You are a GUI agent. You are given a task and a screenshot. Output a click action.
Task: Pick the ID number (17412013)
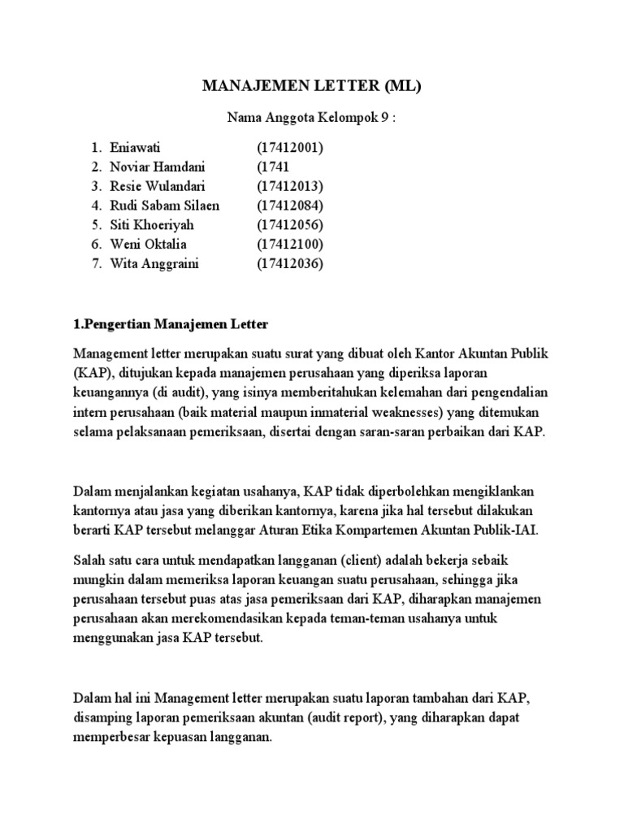pos(290,187)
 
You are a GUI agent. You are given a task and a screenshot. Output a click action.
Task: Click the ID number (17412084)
pos(290,206)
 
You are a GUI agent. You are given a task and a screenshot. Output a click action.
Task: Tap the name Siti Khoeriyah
pos(154,225)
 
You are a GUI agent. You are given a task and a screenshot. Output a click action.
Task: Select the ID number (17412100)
pos(290,245)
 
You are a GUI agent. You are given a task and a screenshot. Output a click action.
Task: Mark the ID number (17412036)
pos(290,264)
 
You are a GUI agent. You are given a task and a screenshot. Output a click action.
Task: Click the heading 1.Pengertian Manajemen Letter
pos(171,324)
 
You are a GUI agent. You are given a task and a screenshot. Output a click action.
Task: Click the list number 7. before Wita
pos(96,264)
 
